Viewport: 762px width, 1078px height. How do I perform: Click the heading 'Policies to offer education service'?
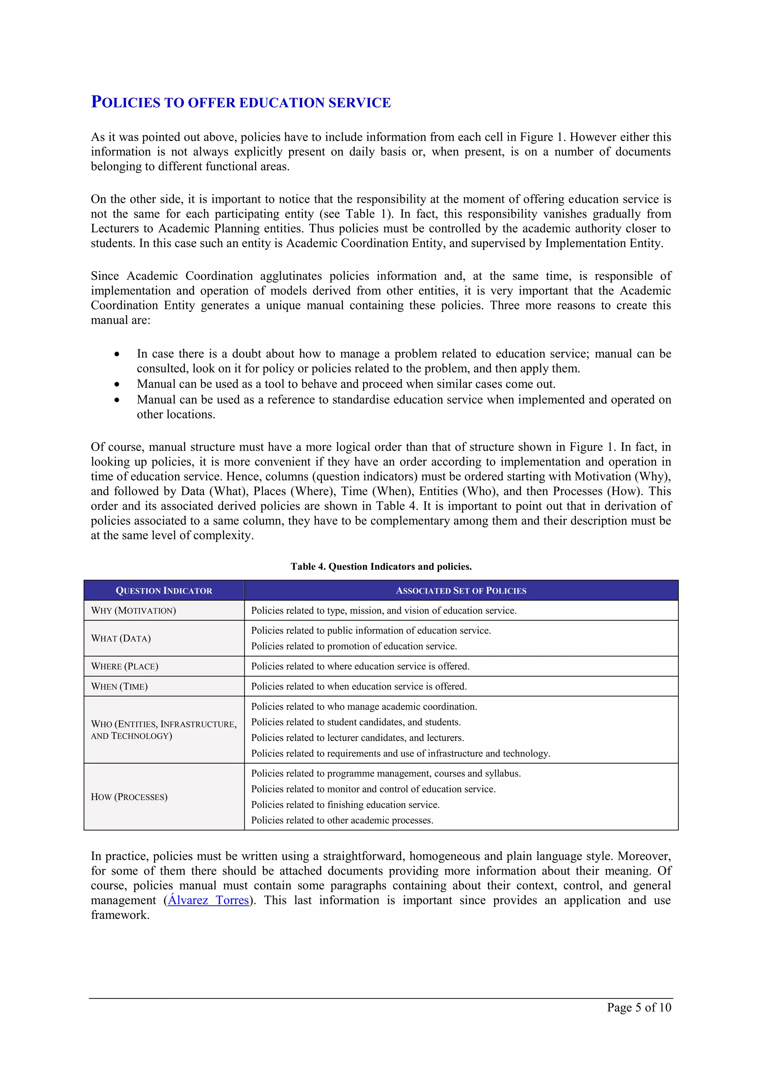pyautogui.click(x=240, y=102)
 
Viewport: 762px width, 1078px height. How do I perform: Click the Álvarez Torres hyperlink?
pyautogui.click(x=208, y=900)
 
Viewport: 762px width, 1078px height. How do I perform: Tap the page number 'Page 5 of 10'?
pyautogui.click(x=638, y=1007)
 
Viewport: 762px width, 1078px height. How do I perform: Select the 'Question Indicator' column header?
pyautogui.click(x=164, y=591)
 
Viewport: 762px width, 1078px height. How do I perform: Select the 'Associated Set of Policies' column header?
pyautogui.click(x=461, y=591)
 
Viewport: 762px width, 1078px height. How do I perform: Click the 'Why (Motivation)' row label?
pyautogui.click(x=133, y=610)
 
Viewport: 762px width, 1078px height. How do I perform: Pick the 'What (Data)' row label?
pyautogui.click(x=121, y=638)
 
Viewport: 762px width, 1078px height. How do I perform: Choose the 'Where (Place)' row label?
pyautogui.click(x=124, y=666)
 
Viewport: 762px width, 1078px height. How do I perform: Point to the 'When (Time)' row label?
pyautogui.click(x=119, y=687)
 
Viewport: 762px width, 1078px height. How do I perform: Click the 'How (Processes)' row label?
pyautogui.click(x=129, y=797)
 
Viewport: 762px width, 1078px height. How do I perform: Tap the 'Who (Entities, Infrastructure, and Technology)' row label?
pyautogui.click(x=163, y=730)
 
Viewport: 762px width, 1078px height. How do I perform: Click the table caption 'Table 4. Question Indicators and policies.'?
pyautogui.click(x=381, y=567)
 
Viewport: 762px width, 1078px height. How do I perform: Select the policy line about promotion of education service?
pyautogui.click(x=353, y=646)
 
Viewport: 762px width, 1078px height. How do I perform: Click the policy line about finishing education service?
pyautogui.click(x=345, y=805)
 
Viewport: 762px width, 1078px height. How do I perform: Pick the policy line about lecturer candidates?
pyautogui.click(x=357, y=738)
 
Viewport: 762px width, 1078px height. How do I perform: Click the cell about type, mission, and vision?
pyautogui.click(x=384, y=610)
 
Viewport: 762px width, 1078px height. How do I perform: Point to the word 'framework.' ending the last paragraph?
pyautogui.click(x=120, y=915)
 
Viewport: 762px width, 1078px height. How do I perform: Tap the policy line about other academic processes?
pyautogui.click(x=342, y=820)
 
